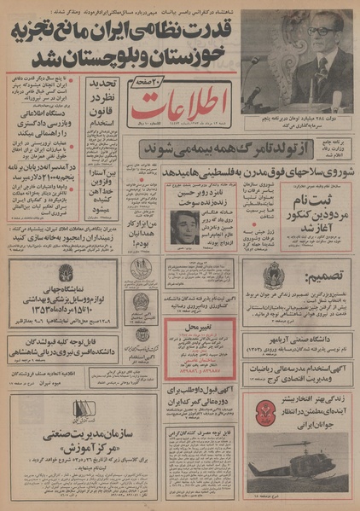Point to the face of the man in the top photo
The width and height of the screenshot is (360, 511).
[322, 42]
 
